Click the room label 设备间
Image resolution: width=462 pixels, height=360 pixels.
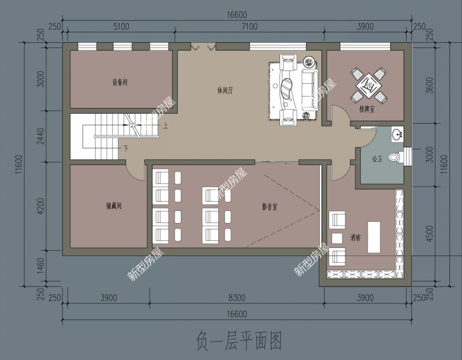(x=120, y=83)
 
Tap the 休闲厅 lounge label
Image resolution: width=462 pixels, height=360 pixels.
(x=225, y=91)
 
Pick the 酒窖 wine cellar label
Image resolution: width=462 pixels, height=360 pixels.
(x=355, y=237)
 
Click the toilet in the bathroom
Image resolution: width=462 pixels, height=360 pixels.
(x=394, y=156)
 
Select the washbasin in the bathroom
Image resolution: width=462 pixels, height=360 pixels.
(x=397, y=135)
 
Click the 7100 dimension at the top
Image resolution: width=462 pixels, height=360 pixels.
(x=249, y=27)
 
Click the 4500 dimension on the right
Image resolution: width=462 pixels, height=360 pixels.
(x=428, y=233)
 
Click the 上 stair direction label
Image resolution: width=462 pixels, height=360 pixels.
(x=166, y=125)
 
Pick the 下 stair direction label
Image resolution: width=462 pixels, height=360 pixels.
(x=126, y=149)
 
